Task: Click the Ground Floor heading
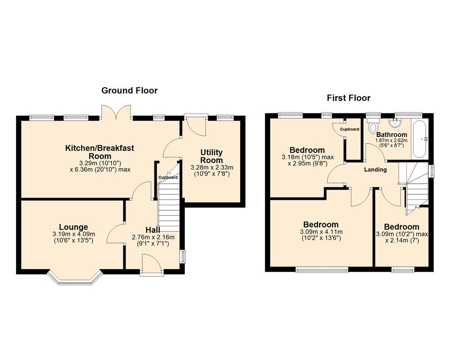coord(130,90)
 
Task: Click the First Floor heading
coord(349,98)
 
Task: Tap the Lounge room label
coord(73,227)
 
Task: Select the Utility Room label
coord(211,157)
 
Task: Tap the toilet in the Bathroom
coord(372,127)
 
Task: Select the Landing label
coord(375,170)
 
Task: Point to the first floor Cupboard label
coord(350,129)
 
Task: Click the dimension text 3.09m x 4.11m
coord(321,232)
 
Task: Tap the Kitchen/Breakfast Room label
coord(100,152)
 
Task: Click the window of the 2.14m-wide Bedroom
coord(403,270)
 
